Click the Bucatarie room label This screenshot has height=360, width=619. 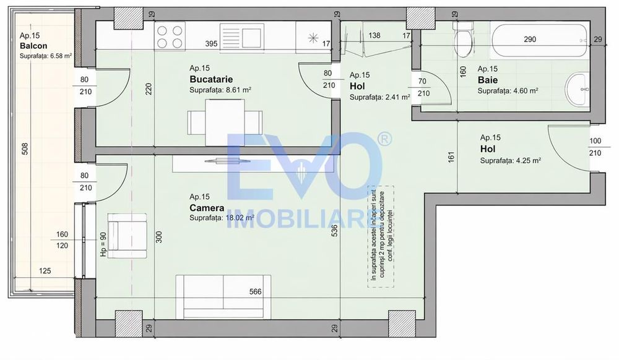click(211, 79)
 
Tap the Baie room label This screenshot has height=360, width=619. click(488, 80)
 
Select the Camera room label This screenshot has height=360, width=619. click(207, 208)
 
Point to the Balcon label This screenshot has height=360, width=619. click(33, 46)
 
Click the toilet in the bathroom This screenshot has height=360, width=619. click(463, 38)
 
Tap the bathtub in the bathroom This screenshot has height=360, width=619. click(540, 40)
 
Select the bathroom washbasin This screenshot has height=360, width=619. click(576, 89)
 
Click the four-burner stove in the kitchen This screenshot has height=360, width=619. click(170, 36)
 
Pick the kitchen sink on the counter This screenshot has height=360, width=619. click(241, 36)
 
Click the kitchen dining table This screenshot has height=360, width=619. click(225, 122)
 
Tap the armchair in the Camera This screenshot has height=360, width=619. click(127, 236)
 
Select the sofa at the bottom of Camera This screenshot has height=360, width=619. click(223, 296)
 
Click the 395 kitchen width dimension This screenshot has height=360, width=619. click(211, 44)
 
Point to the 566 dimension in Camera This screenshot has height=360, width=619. click(256, 292)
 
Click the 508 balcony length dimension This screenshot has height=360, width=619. click(25, 148)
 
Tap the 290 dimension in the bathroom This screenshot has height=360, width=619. click(530, 40)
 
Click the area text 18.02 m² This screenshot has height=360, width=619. click(240, 218)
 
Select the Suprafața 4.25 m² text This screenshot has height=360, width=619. click(511, 161)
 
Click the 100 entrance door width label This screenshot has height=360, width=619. click(595, 141)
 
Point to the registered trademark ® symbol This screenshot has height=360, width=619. click(384, 139)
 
